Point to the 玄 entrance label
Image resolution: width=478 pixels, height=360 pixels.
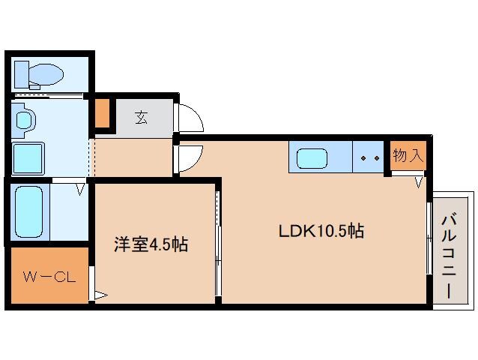(142, 116)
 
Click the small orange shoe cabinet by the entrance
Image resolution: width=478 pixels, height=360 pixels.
(101, 112)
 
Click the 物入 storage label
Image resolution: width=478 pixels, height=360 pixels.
(408, 156)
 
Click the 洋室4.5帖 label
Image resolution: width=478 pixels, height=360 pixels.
(150, 244)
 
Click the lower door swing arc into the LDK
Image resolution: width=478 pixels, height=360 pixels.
(189, 157)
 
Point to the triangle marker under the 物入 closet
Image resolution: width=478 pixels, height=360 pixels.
(420, 181)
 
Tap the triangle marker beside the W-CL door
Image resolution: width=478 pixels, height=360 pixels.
(99, 295)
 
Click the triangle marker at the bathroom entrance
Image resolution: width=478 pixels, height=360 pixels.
(79, 189)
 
